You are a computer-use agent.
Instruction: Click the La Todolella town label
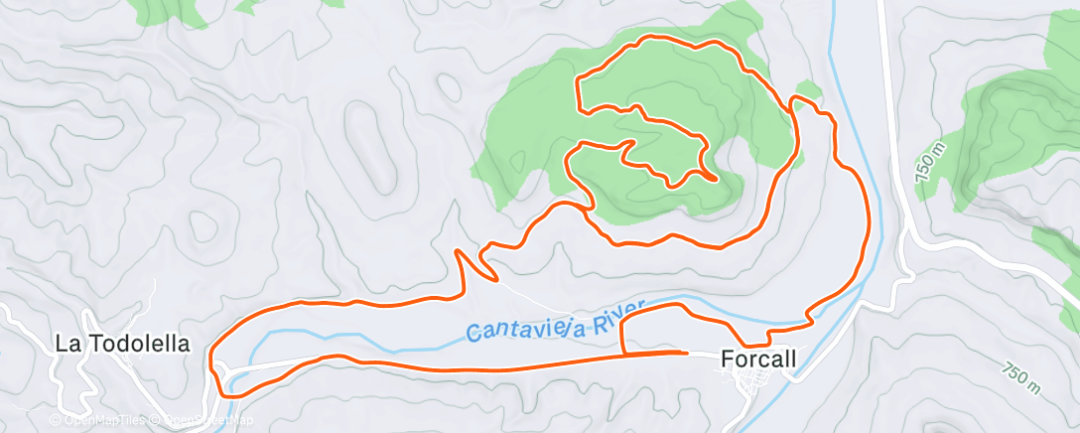[x=122, y=344]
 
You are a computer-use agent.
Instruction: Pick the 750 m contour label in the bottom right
[x=1020, y=375]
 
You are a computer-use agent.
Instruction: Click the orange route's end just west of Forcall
[x=686, y=352]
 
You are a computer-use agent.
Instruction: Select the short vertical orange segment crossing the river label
[x=622, y=336]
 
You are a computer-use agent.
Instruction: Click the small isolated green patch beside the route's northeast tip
[x=809, y=90]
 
